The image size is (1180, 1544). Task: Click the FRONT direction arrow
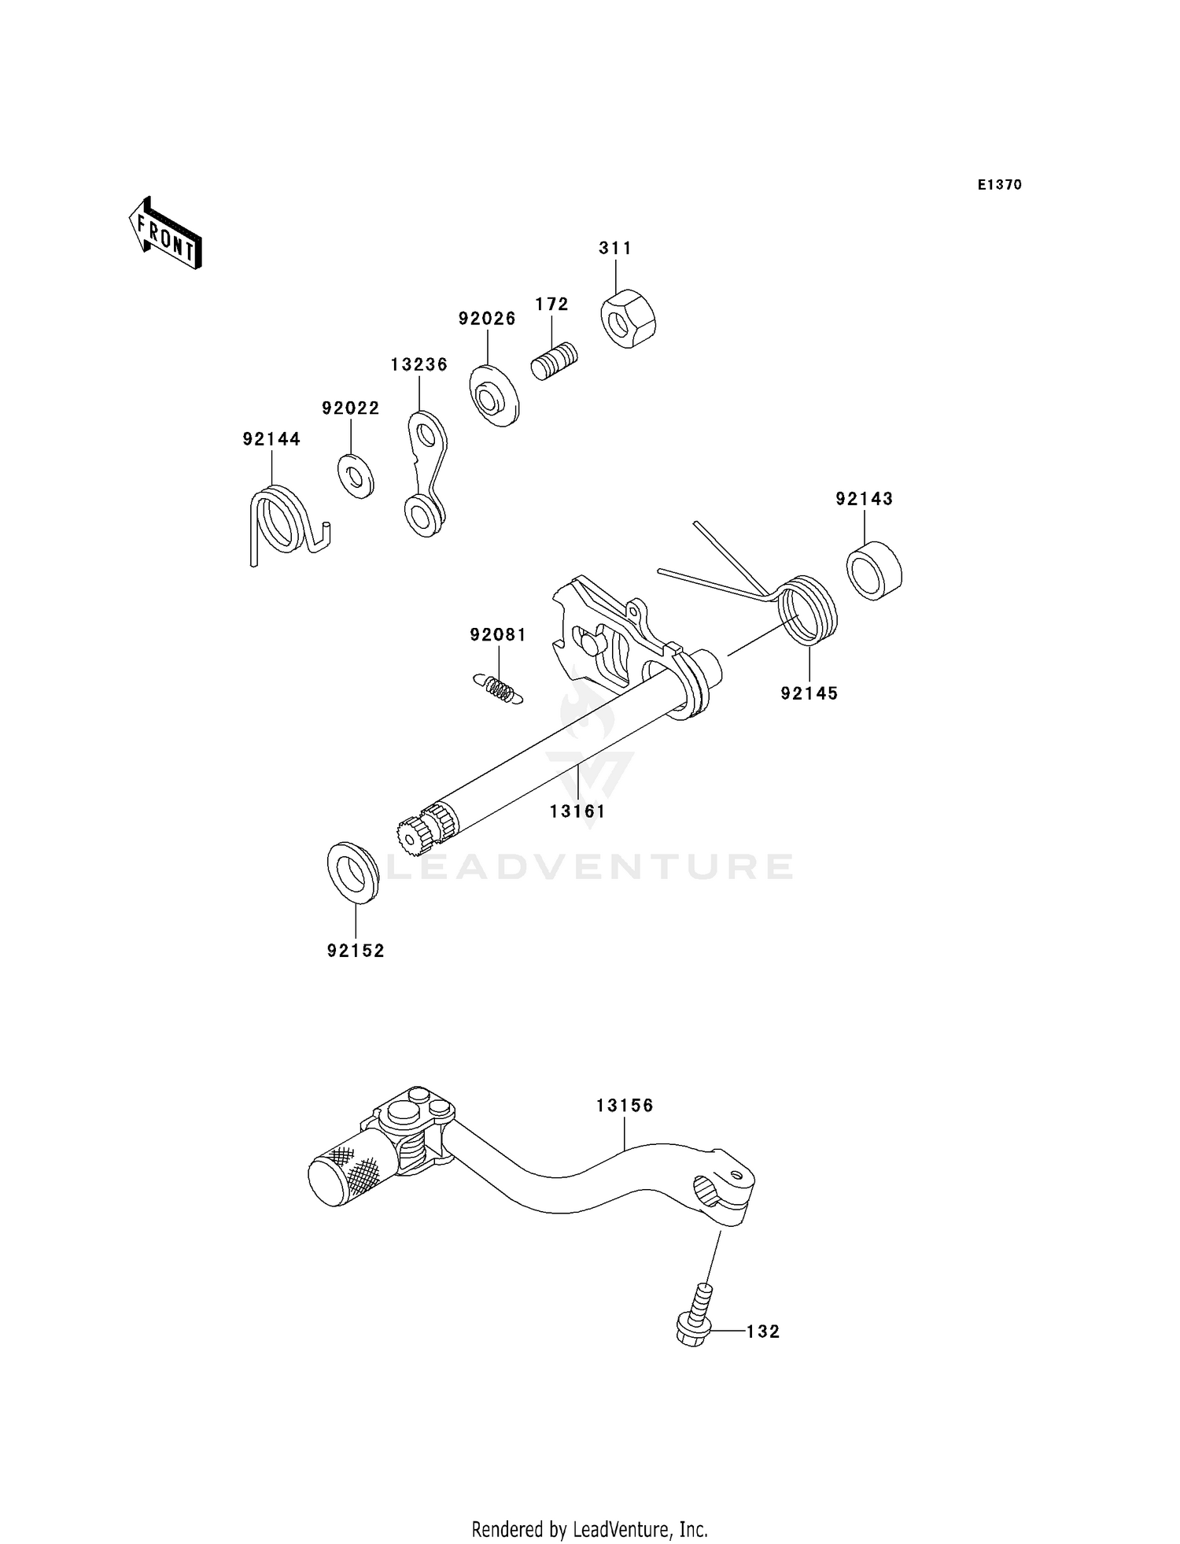point(165,235)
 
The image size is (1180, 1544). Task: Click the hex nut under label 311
point(629,319)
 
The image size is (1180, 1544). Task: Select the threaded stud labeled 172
point(555,361)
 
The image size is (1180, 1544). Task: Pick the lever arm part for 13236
point(427,474)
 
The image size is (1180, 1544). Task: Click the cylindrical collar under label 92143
point(874,571)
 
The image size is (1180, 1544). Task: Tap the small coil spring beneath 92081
point(498,688)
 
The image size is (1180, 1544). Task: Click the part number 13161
point(577,811)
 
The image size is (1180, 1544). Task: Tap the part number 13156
point(625,1106)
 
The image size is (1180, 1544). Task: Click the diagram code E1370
point(999,185)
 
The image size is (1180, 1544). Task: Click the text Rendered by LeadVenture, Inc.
point(589,1529)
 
